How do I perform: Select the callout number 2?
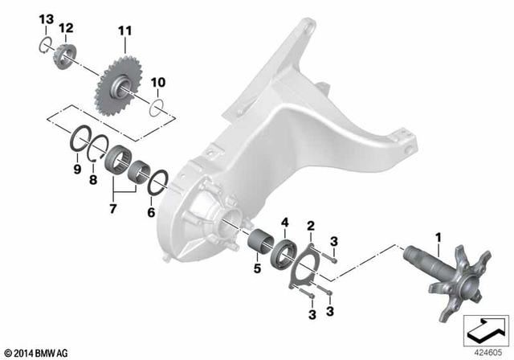[311, 227]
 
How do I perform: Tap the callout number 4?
[284, 222]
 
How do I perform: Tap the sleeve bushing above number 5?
[263, 244]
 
